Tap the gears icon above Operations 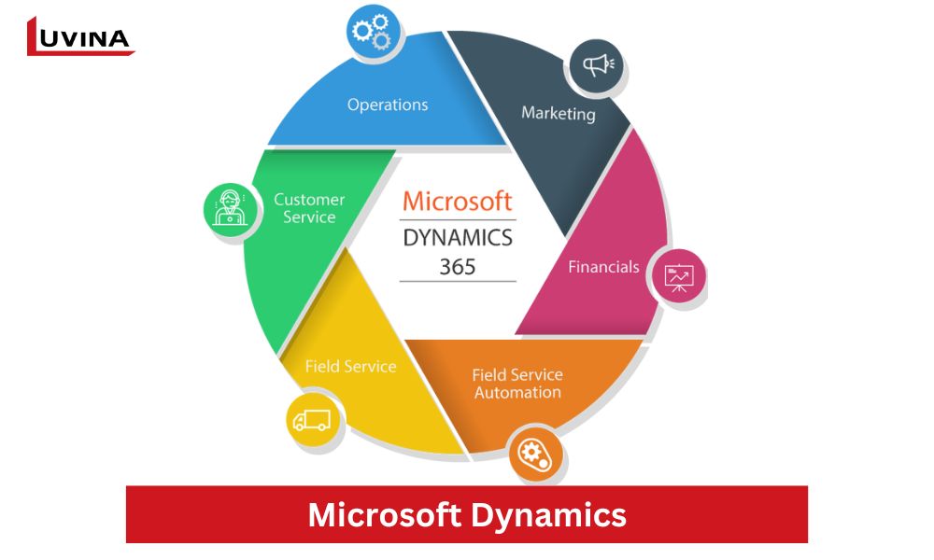click(x=374, y=33)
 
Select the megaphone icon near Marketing click(x=598, y=65)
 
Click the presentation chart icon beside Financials click(x=678, y=276)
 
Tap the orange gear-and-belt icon click(x=534, y=455)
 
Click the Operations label click(x=388, y=105)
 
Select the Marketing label click(x=558, y=113)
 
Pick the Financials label click(x=603, y=267)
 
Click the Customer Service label click(x=309, y=208)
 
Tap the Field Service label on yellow click(x=350, y=367)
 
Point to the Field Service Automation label click(x=517, y=384)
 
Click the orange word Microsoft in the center click(x=457, y=201)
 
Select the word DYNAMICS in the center click(x=457, y=237)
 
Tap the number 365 click(x=458, y=266)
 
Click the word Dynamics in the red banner click(x=547, y=514)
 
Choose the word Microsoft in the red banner click(x=383, y=514)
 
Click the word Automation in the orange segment click(x=517, y=393)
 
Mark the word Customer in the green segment click(x=309, y=199)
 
